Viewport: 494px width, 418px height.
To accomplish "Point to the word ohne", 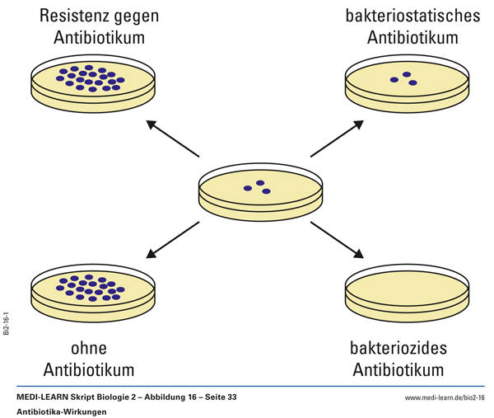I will pyautogui.click(x=86, y=347).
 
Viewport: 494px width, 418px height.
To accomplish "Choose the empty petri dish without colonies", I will pyautogui.click(x=408, y=294).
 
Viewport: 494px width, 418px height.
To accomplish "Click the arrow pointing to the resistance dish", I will pyautogui.click(x=172, y=139).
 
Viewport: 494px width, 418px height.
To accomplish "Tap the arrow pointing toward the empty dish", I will pyautogui.click(x=337, y=239).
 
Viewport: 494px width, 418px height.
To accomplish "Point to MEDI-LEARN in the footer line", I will pyautogui.click(x=48, y=397).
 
